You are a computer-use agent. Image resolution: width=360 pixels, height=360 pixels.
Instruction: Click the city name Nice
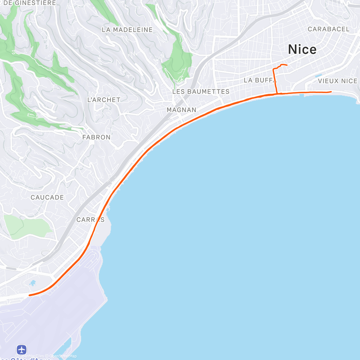click(x=302, y=49)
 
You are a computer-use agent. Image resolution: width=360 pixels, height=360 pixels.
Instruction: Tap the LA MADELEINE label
click(x=127, y=30)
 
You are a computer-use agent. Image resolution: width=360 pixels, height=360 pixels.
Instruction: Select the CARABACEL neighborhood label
click(x=328, y=29)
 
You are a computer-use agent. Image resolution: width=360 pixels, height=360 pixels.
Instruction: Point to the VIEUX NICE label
click(x=337, y=81)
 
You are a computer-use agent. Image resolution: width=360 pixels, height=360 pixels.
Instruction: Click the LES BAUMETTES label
click(x=201, y=91)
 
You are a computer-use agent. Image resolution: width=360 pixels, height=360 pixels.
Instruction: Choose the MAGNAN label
click(x=181, y=110)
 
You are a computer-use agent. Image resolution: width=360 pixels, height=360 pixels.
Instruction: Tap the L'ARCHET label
click(x=103, y=100)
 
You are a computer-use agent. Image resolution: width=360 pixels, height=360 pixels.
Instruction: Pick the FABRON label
click(x=96, y=137)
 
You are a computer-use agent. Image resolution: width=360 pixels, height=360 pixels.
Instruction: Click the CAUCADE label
click(x=47, y=197)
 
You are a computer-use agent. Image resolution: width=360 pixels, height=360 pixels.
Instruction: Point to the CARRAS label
click(x=90, y=220)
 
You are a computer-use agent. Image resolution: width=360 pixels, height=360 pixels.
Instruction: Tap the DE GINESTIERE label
click(x=30, y=3)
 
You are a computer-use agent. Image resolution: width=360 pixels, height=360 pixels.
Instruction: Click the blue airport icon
click(x=22, y=349)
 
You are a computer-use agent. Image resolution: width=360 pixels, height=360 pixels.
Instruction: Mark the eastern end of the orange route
click(x=331, y=91)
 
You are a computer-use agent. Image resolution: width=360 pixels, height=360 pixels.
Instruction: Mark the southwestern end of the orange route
click(x=29, y=295)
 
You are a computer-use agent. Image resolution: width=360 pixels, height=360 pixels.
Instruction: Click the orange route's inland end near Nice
click(x=287, y=65)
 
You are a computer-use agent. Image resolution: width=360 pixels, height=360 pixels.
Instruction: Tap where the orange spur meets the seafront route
click(x=276, y=94)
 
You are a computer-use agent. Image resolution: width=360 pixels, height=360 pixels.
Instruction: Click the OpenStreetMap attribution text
click(x=63, y=356)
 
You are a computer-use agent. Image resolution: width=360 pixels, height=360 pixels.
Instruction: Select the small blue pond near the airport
click(x=33, y=283)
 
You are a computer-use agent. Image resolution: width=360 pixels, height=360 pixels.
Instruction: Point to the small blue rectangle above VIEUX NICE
click(x=318, y=76)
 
